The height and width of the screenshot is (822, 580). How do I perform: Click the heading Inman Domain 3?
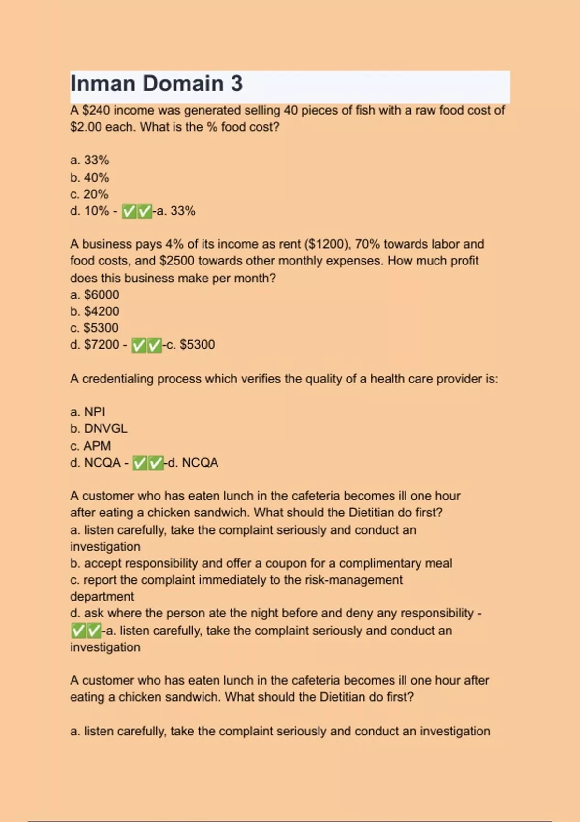click(x=157, y=84)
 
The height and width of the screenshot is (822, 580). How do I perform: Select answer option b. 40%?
click(x=90, y=177)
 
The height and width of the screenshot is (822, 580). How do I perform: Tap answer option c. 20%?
click(x=89, y=194)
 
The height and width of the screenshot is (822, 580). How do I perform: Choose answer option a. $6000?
click(x=95, y=294)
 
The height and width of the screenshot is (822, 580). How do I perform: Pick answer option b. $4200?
click(x=95, y=311)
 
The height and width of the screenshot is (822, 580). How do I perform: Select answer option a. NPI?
click(x=87, y=412)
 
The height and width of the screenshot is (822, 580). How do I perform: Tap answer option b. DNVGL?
click(x=99, y=429)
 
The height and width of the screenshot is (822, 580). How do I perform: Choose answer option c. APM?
click(x=90, y=446)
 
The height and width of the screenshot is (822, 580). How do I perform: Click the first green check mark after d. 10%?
click(x=129, y=211)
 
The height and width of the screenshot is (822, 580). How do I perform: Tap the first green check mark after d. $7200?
click(x=139, y=345)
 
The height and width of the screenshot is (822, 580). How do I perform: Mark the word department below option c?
click(x=102, y=597)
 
